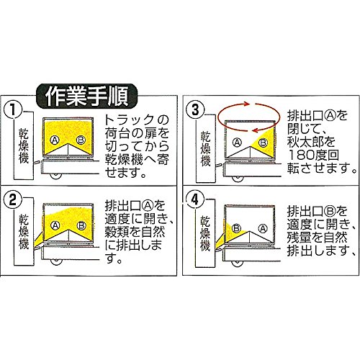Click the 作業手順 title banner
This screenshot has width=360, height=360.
click(x=86, y=96)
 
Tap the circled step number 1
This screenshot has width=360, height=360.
click(x=13, y=110)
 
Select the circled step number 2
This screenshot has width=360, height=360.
click(x=13, y=199)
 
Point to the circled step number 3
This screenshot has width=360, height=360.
click(x=196, y=110)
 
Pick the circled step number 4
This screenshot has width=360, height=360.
click(x=195, y=199)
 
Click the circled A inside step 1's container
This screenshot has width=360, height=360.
click(x=55, y=140)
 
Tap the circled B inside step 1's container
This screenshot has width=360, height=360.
click(x=81, y=140)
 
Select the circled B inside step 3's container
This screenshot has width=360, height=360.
click(x=263, y=143)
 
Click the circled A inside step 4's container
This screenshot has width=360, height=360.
click(x=263, y=228)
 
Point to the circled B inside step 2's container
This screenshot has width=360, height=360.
click(x=81, y=225)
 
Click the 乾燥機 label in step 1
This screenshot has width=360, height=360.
click(x=24, y=146)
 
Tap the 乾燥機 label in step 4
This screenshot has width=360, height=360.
click(x=205, y=233)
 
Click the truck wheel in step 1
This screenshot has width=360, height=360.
click(x=57, y=176)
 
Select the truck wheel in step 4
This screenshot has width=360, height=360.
click(x=238, y=264)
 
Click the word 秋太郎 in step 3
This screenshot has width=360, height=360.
click(x=305, y=142)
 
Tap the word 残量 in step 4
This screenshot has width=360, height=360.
click(x=300, y=238)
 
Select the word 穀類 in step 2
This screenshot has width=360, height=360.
click(x=117, y=232)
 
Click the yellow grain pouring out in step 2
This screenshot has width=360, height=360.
click(x=38, y=240)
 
